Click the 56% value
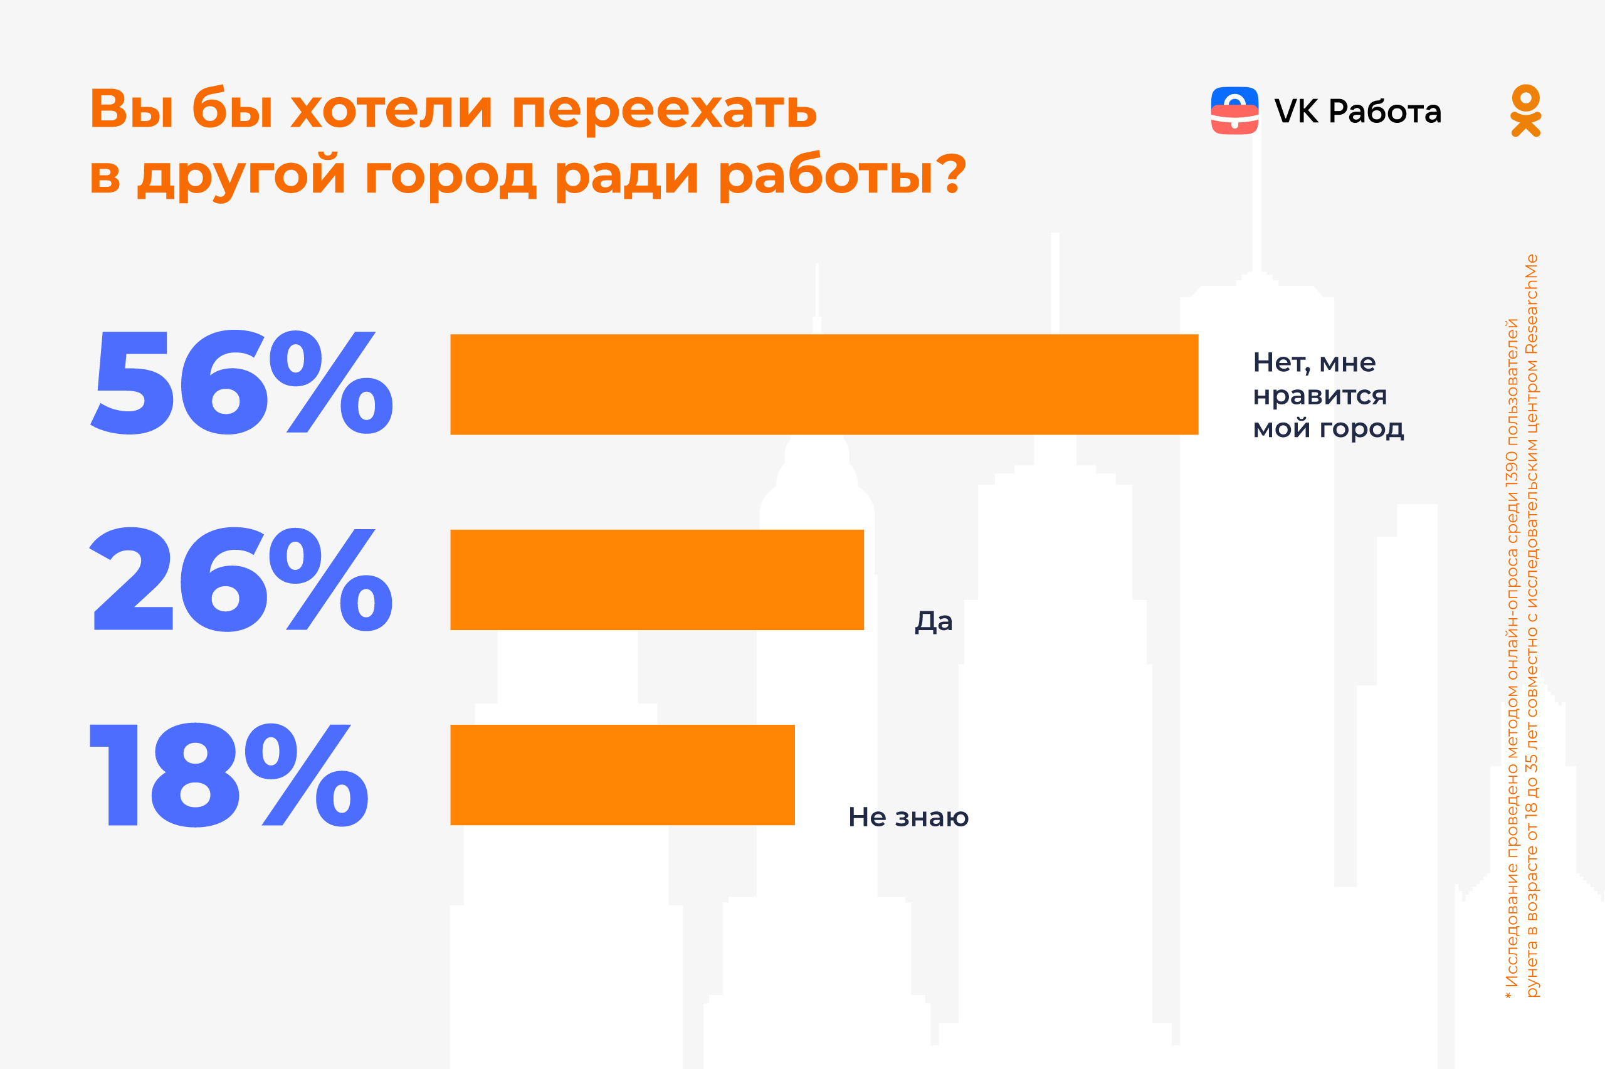[x=241, y=382]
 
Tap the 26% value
[x=241, y=579]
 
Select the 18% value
[x=228, y=775]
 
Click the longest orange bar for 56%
[x=824, y=384]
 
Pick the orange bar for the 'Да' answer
[x=657, y=579]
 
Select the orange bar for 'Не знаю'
[x=622, y=775]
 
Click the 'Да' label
[x=933, y=622]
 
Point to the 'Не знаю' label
[x=908, y=818]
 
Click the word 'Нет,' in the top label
[x=1281, y=362]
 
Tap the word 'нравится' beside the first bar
[x=1320, y=396]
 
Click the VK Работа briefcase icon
[x=1234, y=110]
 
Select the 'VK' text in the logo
[x=1295, y=111]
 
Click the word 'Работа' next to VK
[x=1385, y=111]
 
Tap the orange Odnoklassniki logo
[x=1525, y=110]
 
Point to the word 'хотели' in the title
[x=391, y=109]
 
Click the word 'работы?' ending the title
[x=843, y=175]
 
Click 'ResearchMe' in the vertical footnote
[x=1531, y=304]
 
